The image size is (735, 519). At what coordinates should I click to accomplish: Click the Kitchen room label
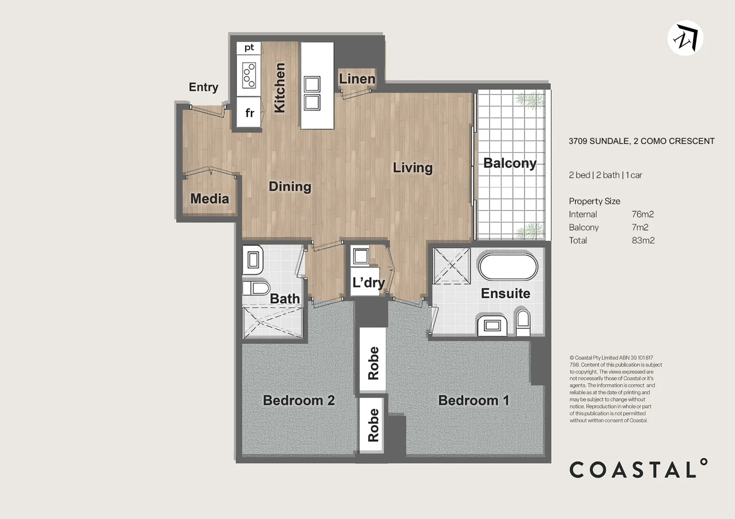pos(279,88)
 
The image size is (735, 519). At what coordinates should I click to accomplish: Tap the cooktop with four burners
pos(249,75)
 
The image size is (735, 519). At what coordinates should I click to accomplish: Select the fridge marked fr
pos(249,113)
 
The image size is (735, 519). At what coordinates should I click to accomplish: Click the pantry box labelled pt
pos(249,48)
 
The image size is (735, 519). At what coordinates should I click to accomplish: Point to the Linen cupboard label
pos(357,79)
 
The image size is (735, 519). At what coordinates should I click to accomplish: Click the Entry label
pos(203,87)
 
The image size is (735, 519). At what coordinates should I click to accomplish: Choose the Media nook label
pos(209,198)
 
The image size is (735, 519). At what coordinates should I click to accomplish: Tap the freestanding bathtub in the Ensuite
pos(508,267)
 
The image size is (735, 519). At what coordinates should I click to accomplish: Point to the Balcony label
pos(509,163)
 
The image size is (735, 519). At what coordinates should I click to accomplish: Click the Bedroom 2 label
pos(299,400)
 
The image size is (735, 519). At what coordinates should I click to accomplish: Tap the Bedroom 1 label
pos(473,400)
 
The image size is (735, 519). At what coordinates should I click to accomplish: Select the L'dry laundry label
pos(368,282)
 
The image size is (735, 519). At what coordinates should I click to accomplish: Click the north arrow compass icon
pos(685,38)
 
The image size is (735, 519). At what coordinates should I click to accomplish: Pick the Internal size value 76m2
pos(643,214)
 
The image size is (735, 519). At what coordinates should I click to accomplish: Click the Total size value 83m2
pos(643,240)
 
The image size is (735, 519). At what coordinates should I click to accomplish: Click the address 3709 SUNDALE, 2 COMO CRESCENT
pos(641,141)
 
